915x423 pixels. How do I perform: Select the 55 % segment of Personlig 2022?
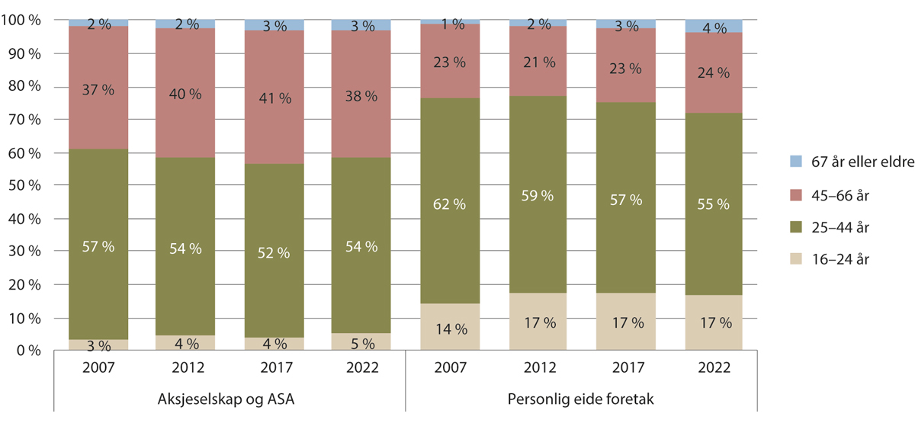[x=714, y=204]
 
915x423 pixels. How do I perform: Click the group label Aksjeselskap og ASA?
[x=230, y=399]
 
